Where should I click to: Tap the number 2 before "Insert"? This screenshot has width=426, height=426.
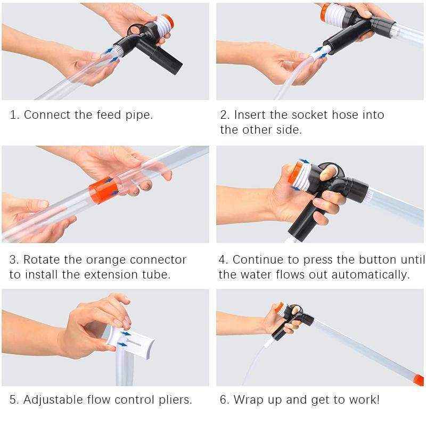[224, 114]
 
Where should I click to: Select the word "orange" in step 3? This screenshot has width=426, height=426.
[106, 260]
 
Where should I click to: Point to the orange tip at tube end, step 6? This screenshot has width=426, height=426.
[419, 380]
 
